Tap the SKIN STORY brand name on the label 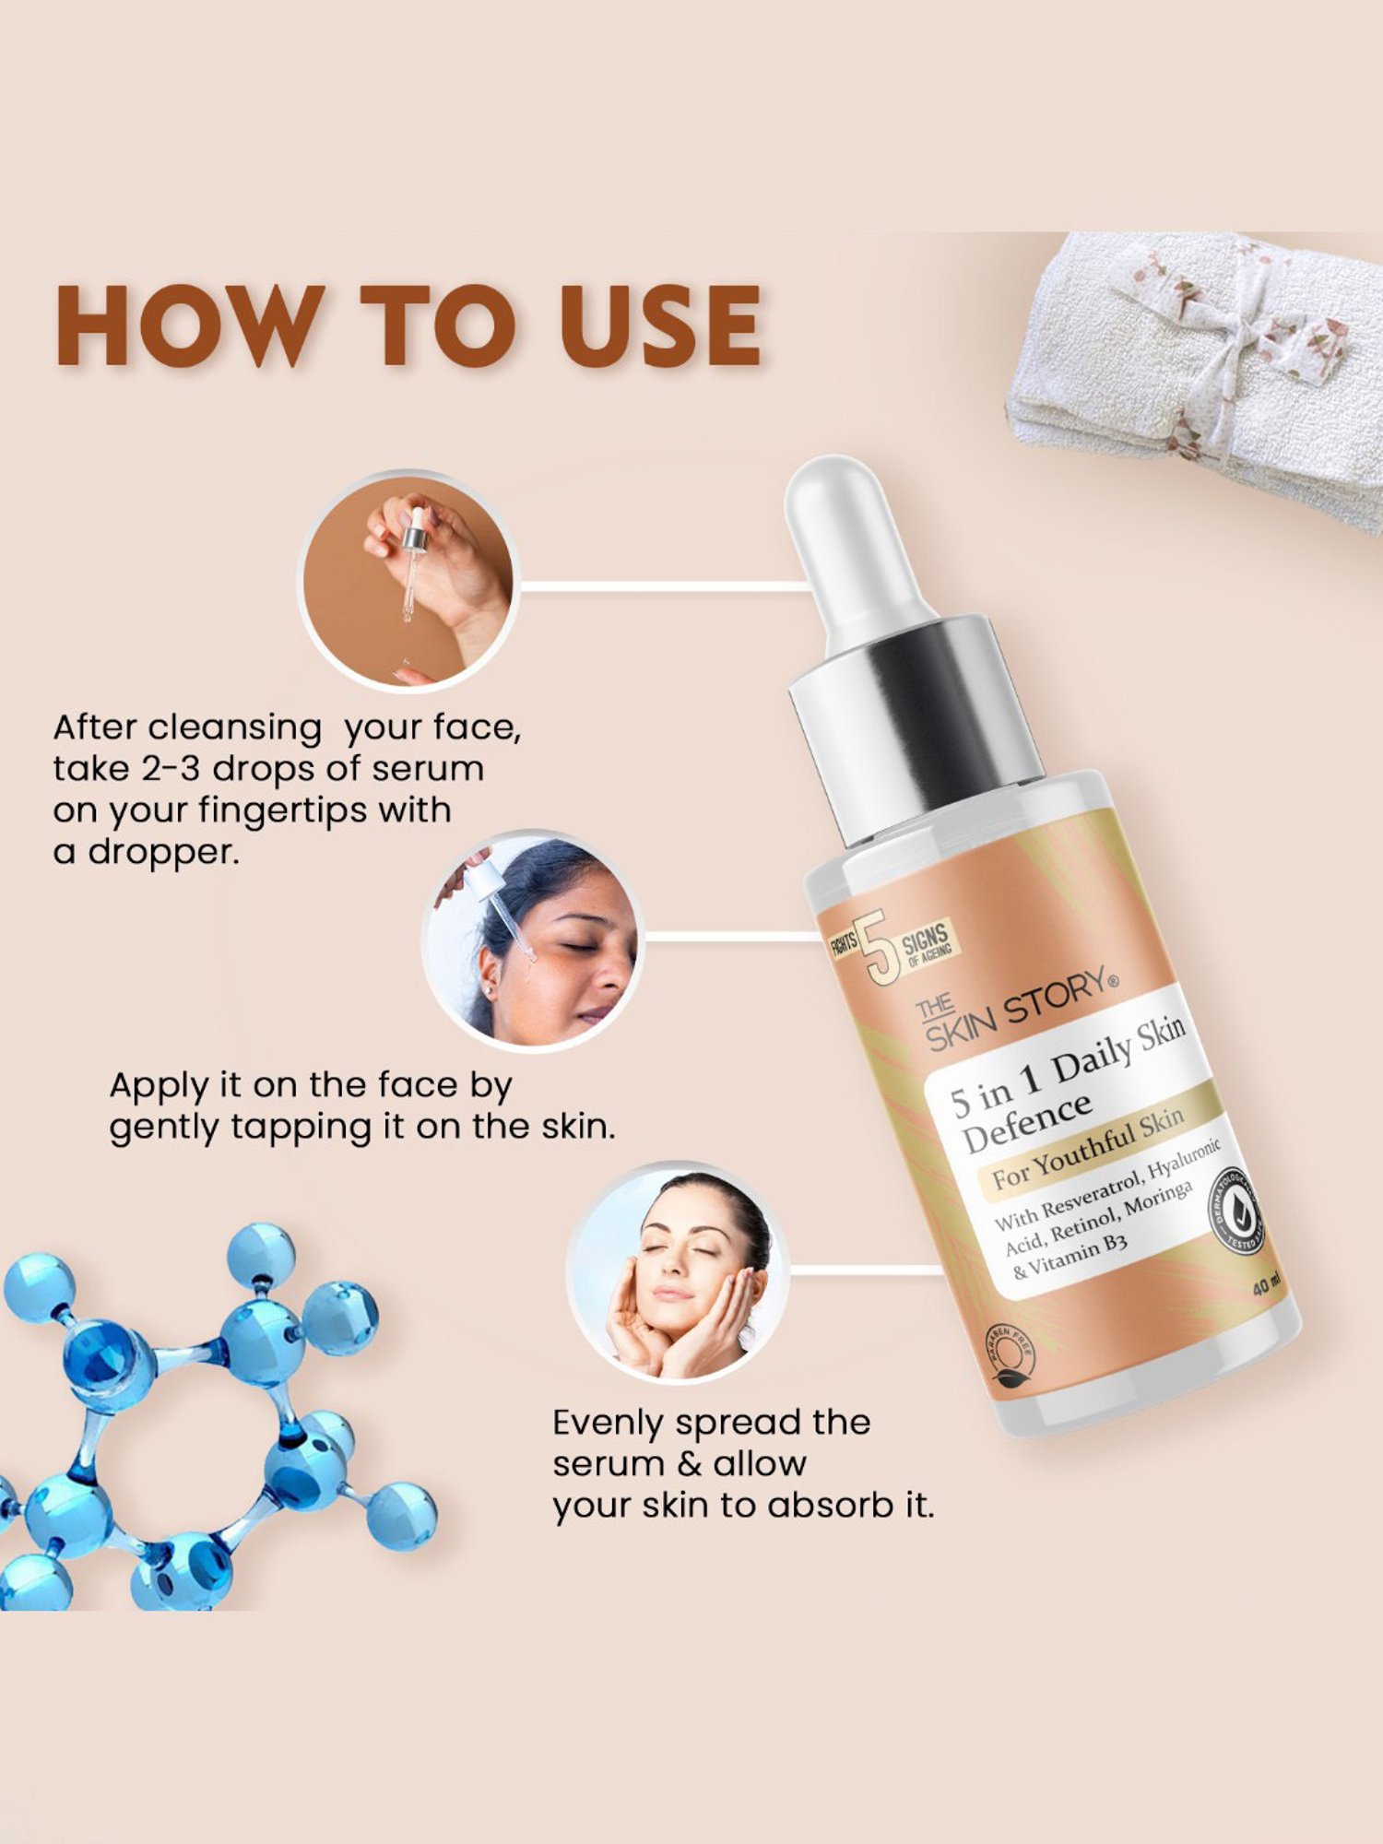pos(1019,1010)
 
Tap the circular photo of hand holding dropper pos(408,580)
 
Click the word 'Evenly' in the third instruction pos(608,1423)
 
